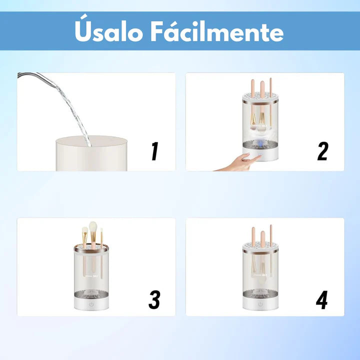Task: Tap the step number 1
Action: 155,151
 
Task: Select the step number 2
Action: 322,151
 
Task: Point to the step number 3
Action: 154,299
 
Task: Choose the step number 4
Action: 321,299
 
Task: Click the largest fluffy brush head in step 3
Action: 93,227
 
